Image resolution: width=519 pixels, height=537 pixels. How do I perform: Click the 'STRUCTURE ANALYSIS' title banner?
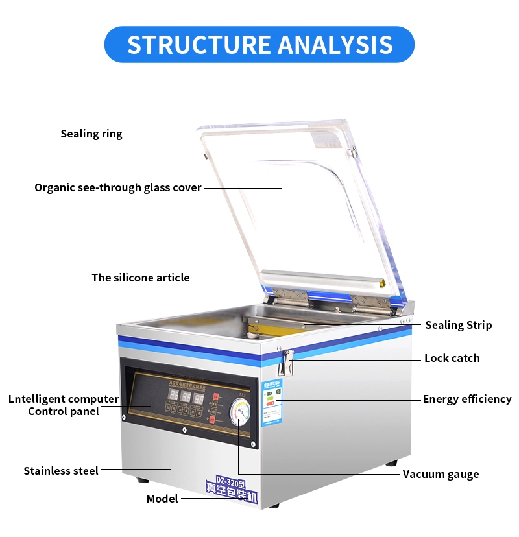tap(259, 44)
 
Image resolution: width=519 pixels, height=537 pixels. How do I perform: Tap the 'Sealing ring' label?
tap(91, 134)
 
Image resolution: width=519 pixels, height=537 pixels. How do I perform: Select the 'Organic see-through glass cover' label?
tap(118, 188)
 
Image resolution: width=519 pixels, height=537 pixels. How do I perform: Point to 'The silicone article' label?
tap(141, 278)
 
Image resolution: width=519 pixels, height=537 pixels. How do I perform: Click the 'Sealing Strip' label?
tap(458, 326)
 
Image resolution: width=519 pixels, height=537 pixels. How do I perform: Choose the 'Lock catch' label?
tap(452, 358)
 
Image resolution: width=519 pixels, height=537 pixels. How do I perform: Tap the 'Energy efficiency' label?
tap(467, 400)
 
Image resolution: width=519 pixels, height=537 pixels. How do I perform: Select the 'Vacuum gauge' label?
tap(441, 474)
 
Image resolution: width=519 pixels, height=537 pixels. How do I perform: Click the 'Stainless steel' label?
tap(61, 471)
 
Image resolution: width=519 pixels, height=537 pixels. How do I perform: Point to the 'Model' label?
tap(162, 499)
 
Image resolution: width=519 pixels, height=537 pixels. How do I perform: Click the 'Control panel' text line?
tap(64, 411)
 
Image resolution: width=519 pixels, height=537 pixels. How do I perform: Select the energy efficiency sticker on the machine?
tap(272, 402)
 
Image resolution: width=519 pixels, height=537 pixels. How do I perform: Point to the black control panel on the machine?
tap(188, 402)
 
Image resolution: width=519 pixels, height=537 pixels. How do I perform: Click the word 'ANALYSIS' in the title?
tap(335, 44)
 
